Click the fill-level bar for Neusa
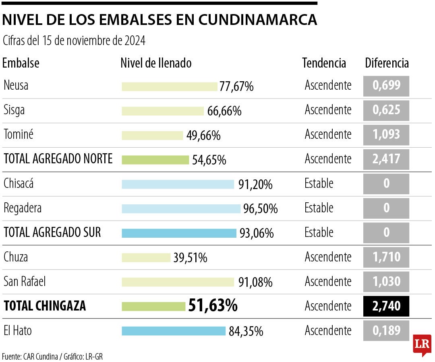pyautogui.click(x=170, y=86)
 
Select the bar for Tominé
pyautogui.click(x=152, y=136)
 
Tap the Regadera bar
pyautogui.click(x=181, y=209)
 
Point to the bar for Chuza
pyautogui.click(x=146, y=257)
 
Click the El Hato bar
pyautogui.click(x=174, y=331)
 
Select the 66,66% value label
pyautogui.click(x=224, y=111)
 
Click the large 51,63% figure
pyautogui.click(x=213, y=306)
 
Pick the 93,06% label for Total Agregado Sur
pyautogui.click(x=257, y=233)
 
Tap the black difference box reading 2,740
pyautogui.click(x=386, y=306)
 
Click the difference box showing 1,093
pyautogui.click(x=386, y=135)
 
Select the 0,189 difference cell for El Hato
pyautogui.click(x=386, y=331)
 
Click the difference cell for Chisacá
pyautogui.click(x=386, y=184)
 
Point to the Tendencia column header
pyautogui.click(x=324, y=63)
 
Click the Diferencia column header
pyautogui.click(x=387, y=63)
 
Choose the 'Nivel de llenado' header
pyautogui.click(x=156, y=63)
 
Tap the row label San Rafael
pyautogui.click(x=25, y=282)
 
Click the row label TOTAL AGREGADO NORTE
pyautogui.click(x=58, y=159)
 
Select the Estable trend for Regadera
pyautogui.click(x=319, y=208)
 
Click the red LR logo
pyautogui.click(x=422, y=345)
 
